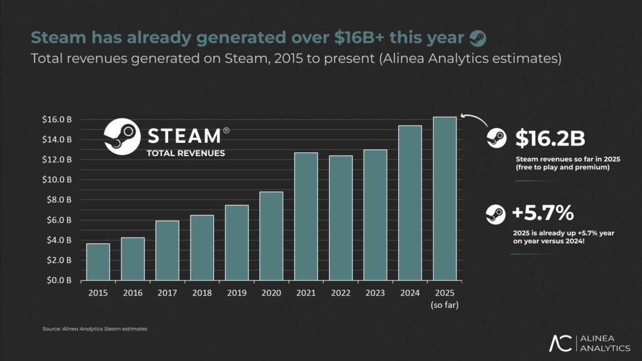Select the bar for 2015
98,261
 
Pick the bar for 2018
202,248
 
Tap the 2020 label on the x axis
271,293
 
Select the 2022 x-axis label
340,293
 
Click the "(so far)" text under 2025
445,305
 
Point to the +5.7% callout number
542,214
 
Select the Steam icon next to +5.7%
495,214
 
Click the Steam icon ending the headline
477,38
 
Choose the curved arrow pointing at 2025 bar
473,118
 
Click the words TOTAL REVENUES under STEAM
185,153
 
